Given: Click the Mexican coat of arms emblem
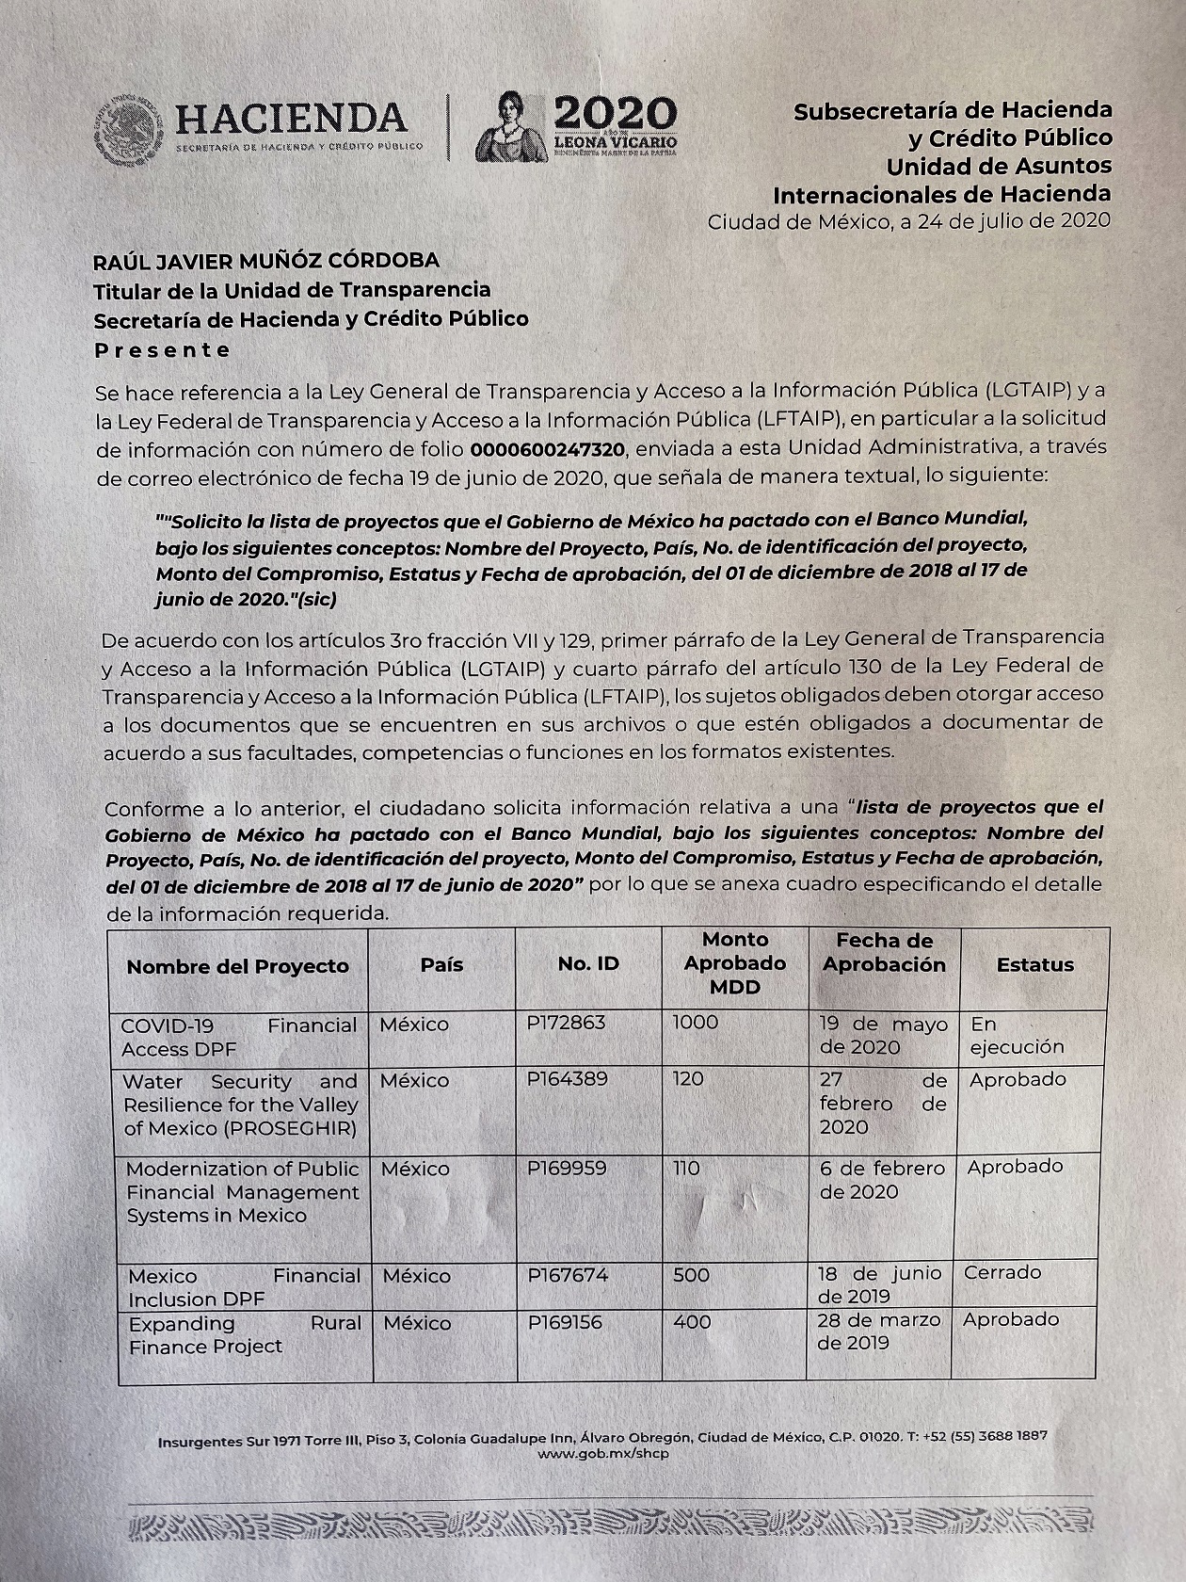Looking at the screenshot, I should pos(129,130).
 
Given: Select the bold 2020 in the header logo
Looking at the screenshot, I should pos(615,114).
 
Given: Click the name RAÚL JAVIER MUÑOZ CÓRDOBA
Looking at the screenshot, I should pos(266,260).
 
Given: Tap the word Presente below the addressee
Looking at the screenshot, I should pos(162,350).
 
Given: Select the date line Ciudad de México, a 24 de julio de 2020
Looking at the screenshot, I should pos(908,221).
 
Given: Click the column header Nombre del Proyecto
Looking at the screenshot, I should pos(237,966).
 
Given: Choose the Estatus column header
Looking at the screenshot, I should pos(1034,965).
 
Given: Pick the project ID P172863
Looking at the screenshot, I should pos(566,1023).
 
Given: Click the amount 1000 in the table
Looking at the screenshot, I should pos(696,1023).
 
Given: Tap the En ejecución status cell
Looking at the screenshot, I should pos(1017,1036).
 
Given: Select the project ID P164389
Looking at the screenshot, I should pos(567,1079).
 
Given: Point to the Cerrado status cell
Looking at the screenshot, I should pos(1002,1272).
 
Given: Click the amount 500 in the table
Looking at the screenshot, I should pos(692,1275).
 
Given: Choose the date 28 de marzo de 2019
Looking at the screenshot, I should pos(878,1332).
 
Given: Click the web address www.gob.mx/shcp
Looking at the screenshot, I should pos(602,1454).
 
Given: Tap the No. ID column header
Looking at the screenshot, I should pos(588,964).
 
